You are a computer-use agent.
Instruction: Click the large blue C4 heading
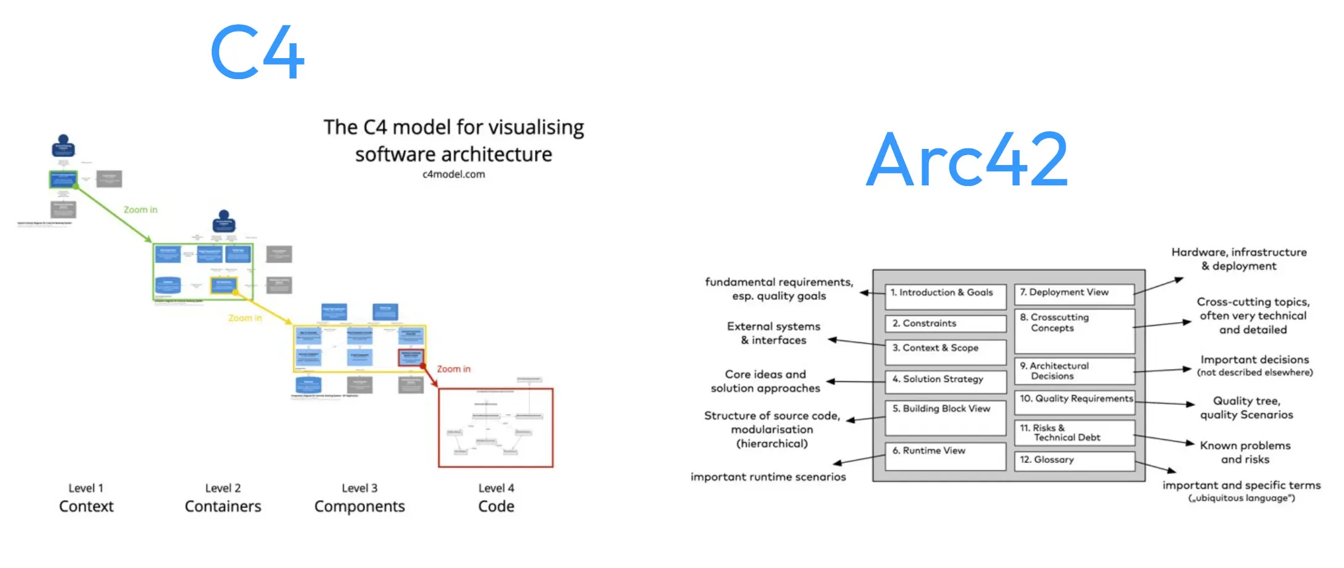tap(257, 52)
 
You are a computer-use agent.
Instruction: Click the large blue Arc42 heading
tap(967, 160)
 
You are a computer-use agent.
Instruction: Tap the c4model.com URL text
tap(453, 174)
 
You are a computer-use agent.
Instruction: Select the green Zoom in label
tap(140, 210)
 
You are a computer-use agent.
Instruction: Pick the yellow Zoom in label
tap(245, 318)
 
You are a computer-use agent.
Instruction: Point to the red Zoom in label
tap(453, 369)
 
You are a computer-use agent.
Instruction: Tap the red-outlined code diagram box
tap(495, 428)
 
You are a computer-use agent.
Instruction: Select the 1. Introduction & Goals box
tap(945, 296)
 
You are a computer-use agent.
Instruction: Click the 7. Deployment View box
tap(1073, 293)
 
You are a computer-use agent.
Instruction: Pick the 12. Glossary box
tap(1073, 460)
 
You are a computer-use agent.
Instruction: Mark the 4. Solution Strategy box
tap(945, 381)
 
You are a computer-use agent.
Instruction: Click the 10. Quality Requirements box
tap(1075, 402)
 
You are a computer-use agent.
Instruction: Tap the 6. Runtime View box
tap(945, 456)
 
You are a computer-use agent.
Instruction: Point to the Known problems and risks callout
tap(1245, 452)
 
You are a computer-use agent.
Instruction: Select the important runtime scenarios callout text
tap(768, 477)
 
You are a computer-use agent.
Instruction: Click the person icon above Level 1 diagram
tap(63, 146)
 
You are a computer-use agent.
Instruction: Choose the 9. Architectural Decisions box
tap(1073, 371)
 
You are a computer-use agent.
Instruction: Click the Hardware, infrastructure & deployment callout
tap(1238, 259)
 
